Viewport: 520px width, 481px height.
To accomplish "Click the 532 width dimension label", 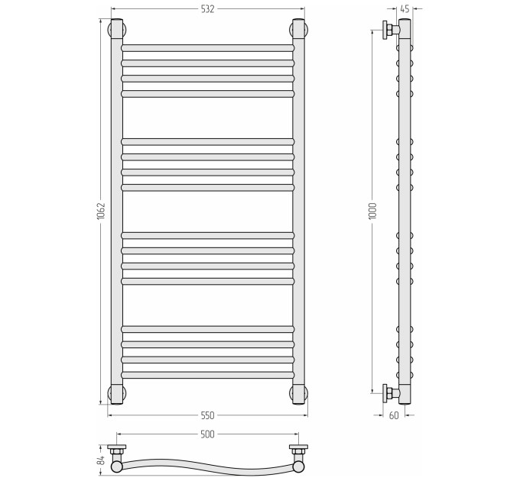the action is pyautogui.click(x=207, y=9).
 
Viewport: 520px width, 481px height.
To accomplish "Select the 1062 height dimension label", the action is pyautogui.click(x=101, y=211).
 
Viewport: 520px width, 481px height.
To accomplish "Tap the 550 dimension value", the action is pyautogui.click(x=207, y=415).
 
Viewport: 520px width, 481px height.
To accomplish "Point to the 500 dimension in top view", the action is pyautogui.click(x=207, y=434).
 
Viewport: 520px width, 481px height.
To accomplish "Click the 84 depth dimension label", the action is pyautogui.click(x=102, y=460).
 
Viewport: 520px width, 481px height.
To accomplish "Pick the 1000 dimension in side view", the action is pyautogui.click(x=372, y=211).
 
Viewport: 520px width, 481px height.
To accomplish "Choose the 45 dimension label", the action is pyautogui.click(x=405, y=9).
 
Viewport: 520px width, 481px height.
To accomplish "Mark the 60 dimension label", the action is pyautogui.click(x=394, y=415).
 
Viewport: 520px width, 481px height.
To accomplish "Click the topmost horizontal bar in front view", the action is pyautogui.click(x=207, y=48).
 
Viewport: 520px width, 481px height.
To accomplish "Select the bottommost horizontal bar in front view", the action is pyautogui.click(x=207, y=375).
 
